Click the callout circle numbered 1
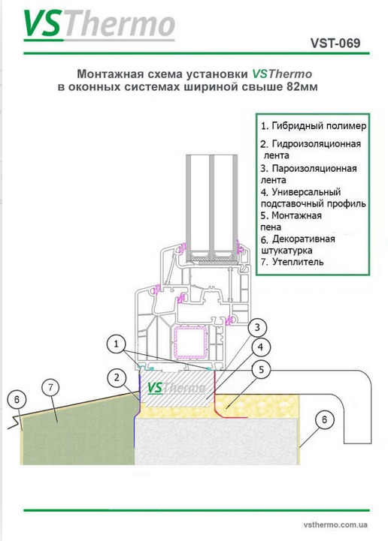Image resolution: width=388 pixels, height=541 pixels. pyautogui.click(x=117, y=344)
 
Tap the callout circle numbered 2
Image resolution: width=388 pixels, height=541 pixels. pyautogui.click(x=117, y=377)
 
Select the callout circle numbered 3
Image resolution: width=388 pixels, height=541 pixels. pyautogui.click(x=257, y=327)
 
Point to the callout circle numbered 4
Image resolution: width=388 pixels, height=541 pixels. pyautogui.click(x=261, y=347)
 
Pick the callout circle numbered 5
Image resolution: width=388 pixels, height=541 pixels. pyautogui.click(x=261, y=370)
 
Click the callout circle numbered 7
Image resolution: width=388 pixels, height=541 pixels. pyautogui.click(x=51, y=387)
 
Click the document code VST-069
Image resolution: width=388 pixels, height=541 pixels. pyautogui.click(x=335, y=43)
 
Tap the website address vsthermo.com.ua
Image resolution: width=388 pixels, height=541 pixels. pyautogui.click(x=335, y=524)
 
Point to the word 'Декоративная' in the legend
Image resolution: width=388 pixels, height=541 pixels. pyautogui.click(x=303, y=239)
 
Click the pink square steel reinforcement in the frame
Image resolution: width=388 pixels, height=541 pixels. pyautogui.click(x=190, y=343)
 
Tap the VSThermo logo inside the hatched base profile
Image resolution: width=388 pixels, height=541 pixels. pyautogui.click(x=176, y=388)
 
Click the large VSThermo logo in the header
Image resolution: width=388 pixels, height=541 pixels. pyautogui.click(x=99, y=24)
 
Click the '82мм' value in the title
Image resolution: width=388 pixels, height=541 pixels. pyautogui.click(x=302, y=86)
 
